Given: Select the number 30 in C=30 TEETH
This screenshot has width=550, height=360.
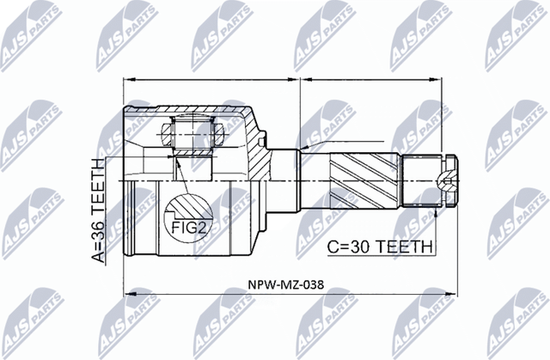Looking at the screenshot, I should coord(362,246).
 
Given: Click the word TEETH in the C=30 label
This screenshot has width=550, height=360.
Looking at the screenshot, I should coord(403,246).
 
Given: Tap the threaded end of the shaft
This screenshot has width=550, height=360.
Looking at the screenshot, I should coord(426,179).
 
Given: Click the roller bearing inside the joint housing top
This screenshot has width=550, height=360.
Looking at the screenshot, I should coord(191,133).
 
